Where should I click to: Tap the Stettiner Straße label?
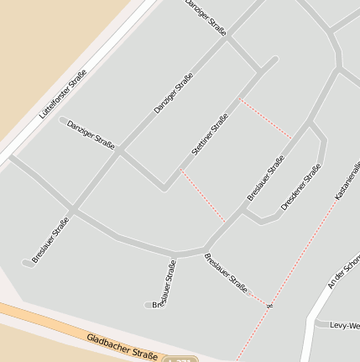(210, 134)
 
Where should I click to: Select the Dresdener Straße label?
(301, 186)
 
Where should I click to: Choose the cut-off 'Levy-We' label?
(344, 325)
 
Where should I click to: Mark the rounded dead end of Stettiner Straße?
(274, 60)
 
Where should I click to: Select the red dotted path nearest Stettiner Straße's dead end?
(265, 118)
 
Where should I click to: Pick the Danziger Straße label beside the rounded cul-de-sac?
(91, 133)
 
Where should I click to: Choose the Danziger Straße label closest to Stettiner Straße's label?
(174, 93)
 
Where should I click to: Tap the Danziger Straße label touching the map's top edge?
(206, 17)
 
